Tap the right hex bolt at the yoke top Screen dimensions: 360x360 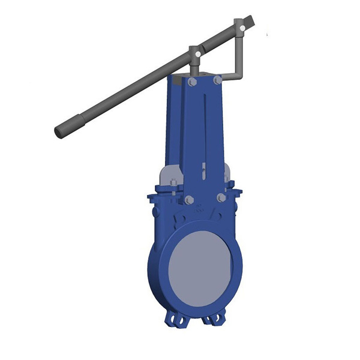click(217, 79)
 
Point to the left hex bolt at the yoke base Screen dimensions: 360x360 click(189, 200)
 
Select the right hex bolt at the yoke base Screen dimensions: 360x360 click(221, 197)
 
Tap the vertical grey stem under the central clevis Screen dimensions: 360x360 click(195, 67)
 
